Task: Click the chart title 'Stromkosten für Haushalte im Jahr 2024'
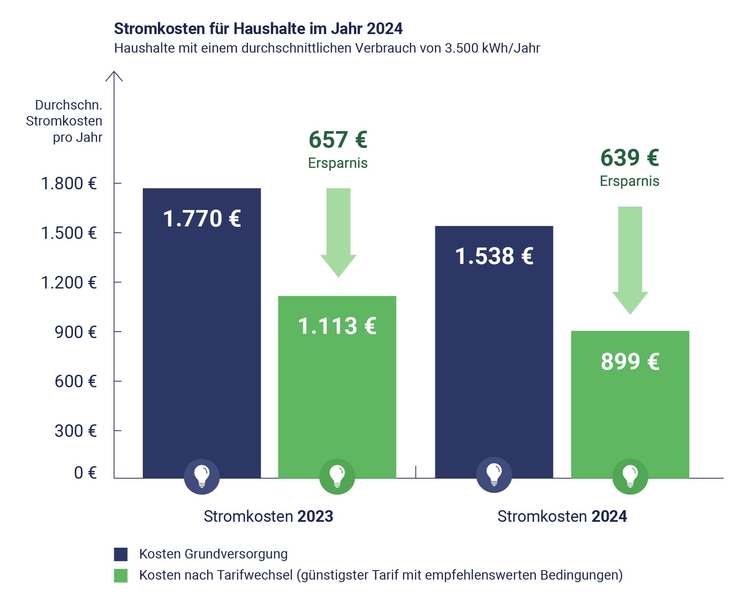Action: click(258, 29)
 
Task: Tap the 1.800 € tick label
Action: click(69, 184)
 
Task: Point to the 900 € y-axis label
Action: click(75, 332)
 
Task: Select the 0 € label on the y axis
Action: click(85, 473)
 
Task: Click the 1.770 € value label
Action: click(201, 219)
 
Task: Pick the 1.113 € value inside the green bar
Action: click(337, 326)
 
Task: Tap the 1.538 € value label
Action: click(494, 256)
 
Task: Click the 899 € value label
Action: click(630, 361)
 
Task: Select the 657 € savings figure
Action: click(338, 140)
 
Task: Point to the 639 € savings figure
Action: click(629, 158)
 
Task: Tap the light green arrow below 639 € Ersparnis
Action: click(630, 259)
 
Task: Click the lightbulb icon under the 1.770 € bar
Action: click(201, 476)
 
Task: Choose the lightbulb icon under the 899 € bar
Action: click(630, 476)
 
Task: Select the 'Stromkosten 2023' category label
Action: click(268, 516)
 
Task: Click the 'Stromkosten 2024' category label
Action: click(562, 516)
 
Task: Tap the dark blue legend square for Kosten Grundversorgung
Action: click(121, 554)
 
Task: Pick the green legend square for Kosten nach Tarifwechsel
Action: click(121, 576)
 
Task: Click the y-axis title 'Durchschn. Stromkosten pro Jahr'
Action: click(65, 121)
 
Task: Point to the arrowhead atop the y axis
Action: click(114, 75)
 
